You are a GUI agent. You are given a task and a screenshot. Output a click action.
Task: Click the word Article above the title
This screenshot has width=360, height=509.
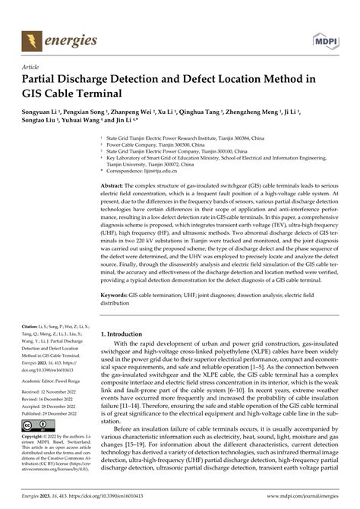click(33, 67)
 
